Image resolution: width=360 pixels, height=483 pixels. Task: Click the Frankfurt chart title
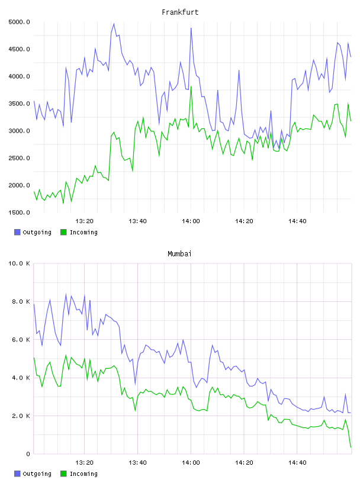(180, 12)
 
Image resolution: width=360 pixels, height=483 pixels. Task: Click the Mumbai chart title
(179, 254)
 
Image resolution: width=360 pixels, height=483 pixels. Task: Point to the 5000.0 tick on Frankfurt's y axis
(19, 22)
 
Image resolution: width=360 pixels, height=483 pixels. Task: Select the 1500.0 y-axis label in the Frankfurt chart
(19, 212)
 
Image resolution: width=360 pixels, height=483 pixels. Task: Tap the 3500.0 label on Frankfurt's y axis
(19, 104)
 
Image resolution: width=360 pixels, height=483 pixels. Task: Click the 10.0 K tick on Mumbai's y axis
(19, 263)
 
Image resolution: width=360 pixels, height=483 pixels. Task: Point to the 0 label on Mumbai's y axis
(28, 454)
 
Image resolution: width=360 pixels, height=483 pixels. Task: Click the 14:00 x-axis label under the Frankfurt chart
(191, 221)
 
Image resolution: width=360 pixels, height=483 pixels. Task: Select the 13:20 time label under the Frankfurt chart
(85, 221)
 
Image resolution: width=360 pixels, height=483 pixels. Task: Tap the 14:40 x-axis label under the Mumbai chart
(297, 463)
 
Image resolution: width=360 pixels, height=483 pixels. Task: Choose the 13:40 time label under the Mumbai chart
(137, 463)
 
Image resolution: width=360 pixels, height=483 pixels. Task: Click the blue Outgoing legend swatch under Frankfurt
(17, 232)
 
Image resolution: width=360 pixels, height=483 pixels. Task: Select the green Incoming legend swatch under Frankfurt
(63, 232)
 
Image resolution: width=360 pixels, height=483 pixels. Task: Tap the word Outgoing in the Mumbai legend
(37, 474)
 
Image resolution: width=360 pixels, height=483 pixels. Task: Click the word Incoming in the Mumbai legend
(83, 474)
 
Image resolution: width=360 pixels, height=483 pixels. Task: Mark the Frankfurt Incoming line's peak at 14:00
(191, 87)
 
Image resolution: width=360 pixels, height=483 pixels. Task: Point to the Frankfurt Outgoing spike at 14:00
(191, 28)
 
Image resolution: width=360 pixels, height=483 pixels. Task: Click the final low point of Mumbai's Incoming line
(351, 447)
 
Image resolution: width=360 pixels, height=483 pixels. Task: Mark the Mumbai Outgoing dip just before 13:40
(135, 384)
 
